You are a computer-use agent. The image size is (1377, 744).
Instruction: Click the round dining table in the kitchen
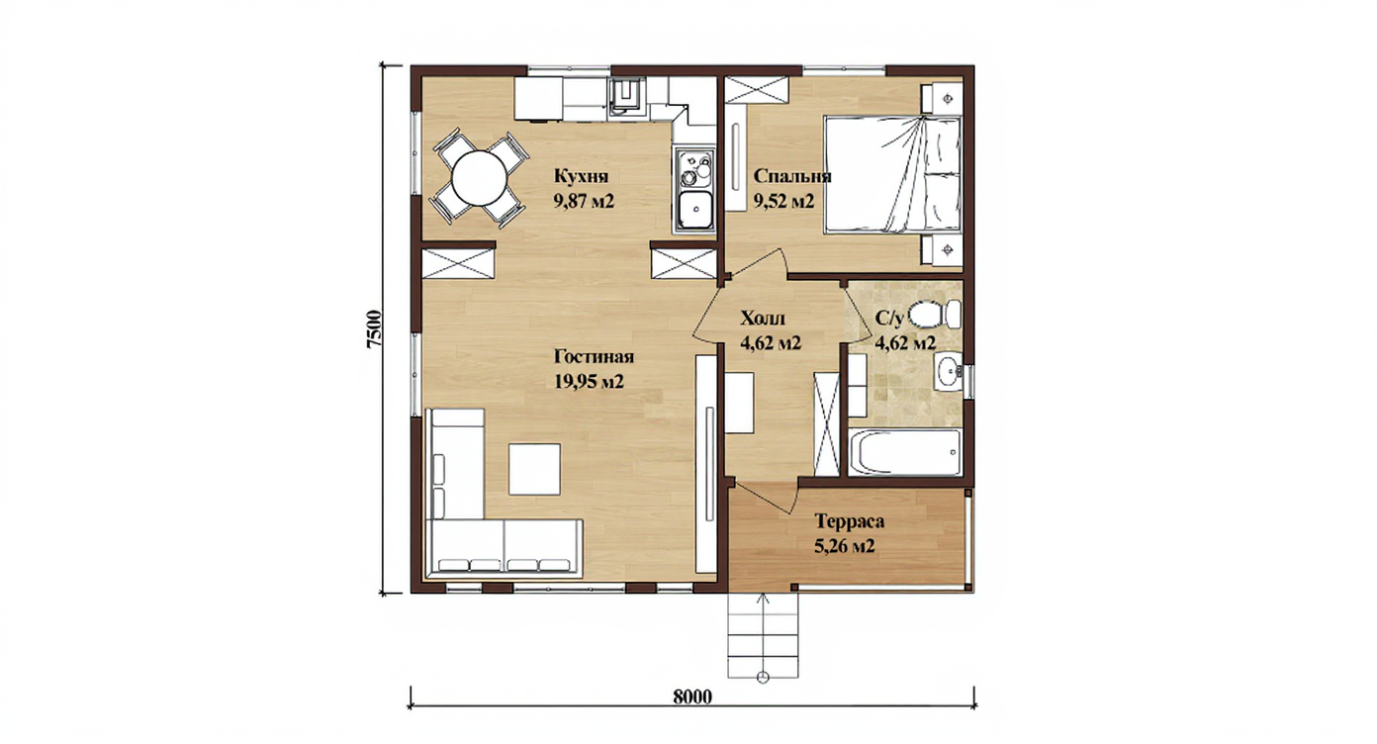click(x=480, y=178)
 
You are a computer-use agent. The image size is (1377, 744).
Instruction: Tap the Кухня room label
click(x=582, y=176)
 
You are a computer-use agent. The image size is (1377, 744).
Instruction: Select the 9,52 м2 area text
click(x=783, y=201)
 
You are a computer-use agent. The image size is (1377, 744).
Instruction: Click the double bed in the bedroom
click(x=891, y=175)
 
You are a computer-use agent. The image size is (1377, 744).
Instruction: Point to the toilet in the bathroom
click(x=935, y=314)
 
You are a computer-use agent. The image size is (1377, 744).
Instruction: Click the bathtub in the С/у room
click(x=905, y=452)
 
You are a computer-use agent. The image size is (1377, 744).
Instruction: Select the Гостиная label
click(x=594, y=356)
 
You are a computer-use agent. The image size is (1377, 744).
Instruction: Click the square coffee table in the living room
click(x=534, y=469)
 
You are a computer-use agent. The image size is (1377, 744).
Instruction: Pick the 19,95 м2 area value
click(x=589, y=382)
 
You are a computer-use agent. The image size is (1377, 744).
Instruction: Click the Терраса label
click(x=850, y=521)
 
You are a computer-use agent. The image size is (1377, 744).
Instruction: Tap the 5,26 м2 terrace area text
click(x=845, y=546)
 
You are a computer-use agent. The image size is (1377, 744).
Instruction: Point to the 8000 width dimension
click(x=692, y=697)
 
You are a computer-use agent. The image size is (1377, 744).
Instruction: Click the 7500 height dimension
click(x=374, y=328)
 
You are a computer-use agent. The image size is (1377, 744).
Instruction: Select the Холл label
click(x=763, y=319)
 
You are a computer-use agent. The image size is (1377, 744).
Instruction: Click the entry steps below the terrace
click(x=763, y=635)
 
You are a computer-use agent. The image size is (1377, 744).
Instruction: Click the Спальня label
click(x=792, y=176)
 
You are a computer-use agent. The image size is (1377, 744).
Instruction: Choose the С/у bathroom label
click(x=889, y=318)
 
